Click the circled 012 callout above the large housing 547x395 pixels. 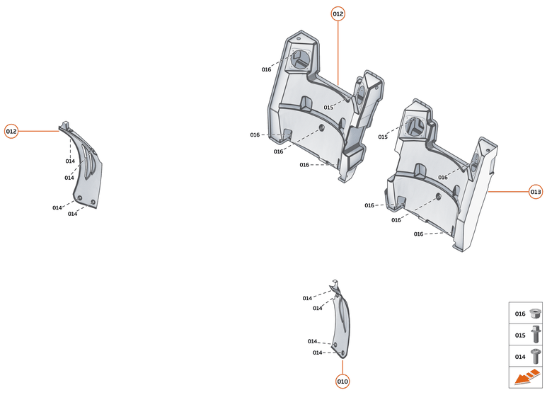coord(338,13)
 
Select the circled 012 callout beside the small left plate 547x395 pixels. coord(11,131)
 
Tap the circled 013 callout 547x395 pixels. coord(536,191)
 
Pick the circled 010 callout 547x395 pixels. coord(342,382)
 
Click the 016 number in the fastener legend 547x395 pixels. coord(520,314)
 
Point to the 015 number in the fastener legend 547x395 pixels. coord(520,335)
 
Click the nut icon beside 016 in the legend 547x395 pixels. coord(536,313)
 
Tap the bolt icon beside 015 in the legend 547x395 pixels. coord(536,334)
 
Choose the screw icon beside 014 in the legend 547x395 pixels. coord(536,356)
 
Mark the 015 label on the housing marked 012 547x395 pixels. coord(328,108)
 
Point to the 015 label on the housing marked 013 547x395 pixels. coord(383,137)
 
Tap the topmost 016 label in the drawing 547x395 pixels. coord(266,69)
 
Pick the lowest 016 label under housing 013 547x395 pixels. coord(418,234)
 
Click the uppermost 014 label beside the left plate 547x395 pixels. coord(70,161)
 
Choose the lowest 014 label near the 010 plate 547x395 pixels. coord(317,353)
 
